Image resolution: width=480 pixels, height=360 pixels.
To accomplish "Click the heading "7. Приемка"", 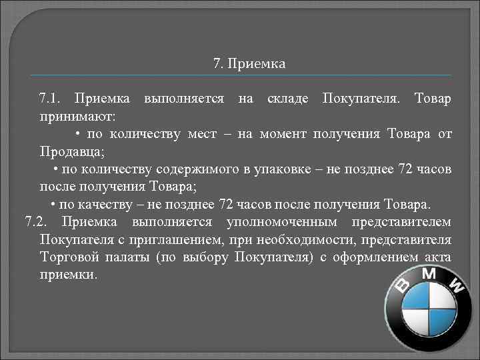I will click(249, 65).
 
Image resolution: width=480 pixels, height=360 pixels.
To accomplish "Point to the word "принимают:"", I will click(77, 117).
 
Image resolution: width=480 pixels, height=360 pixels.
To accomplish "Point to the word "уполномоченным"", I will click(277, 221).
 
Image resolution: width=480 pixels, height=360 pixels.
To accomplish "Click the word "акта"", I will click(437, 257).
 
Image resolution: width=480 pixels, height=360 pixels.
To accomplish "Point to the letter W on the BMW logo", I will click(457, 287).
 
